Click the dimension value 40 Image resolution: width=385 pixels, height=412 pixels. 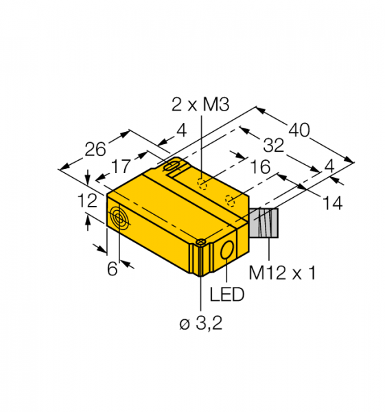pyautogui.click(x=299, y=130)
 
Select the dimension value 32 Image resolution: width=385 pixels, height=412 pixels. pyautogui.click(x=274, y=146)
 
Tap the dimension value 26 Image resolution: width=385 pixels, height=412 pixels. pyautogui.click(x=95, y=149)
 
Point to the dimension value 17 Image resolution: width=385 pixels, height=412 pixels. pyautogui.click(x=121, y=166)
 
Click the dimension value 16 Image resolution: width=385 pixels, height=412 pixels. pyautogui.click(x=260, y=167)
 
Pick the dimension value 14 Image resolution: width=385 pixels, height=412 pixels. pyautogui.click(x=332, y=203)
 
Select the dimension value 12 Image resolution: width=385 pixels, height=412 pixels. pyautogui.click(x=87, y=201)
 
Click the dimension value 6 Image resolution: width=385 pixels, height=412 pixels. pyautogui.click(x=112, y=268)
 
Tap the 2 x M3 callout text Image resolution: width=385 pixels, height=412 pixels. pyautogui.click(x=200, y=104)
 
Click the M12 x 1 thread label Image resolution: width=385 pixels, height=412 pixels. pyautogui.click(x=282, y=273)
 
